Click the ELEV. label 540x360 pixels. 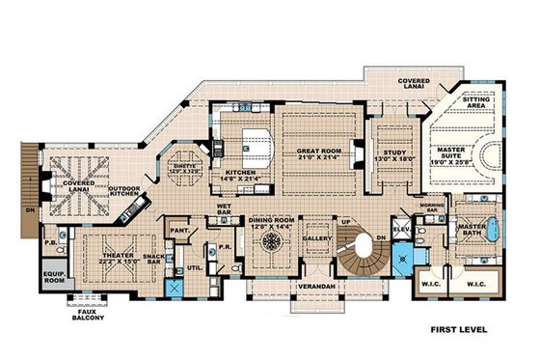click(399, 230)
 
